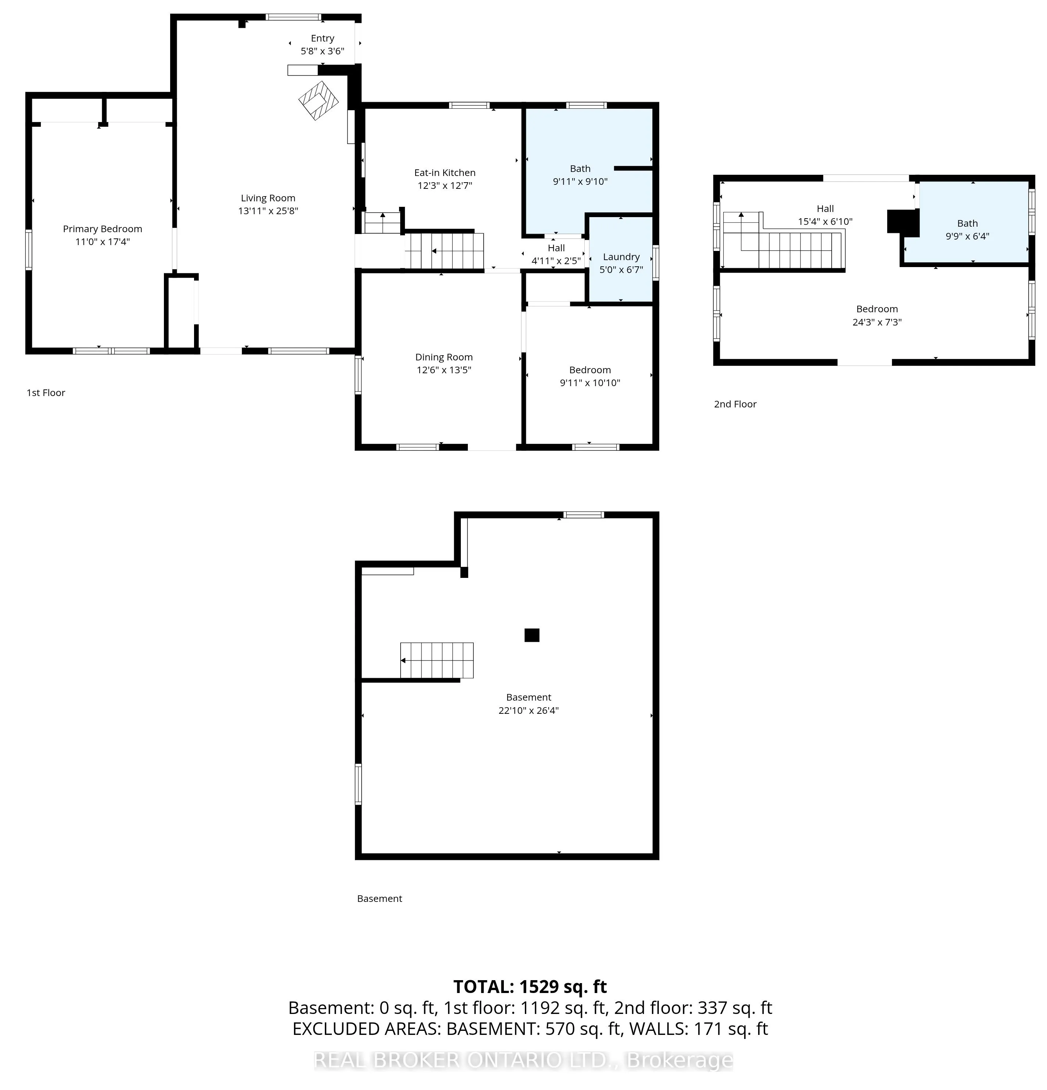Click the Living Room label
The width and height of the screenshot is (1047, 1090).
[x=268, y=198]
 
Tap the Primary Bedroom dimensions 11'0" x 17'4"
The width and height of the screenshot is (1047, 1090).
[x=103, y=241]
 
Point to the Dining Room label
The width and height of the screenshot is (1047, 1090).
[x=444, y=357]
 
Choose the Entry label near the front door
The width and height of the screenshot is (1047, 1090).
[x=323, y=38]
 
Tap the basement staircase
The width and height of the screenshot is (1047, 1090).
[x=437, y=660]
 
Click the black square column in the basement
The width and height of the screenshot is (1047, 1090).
[x=532, y=635]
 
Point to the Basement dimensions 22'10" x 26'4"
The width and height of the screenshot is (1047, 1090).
[x=528, y=710]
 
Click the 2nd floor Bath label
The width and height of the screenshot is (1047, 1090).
[x=968, y=223]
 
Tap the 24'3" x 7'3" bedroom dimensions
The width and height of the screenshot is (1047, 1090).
[x=877, y=322]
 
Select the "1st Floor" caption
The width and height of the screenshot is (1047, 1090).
[x=46, y=393]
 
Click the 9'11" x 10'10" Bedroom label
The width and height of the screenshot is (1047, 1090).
[x=590, y=370]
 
